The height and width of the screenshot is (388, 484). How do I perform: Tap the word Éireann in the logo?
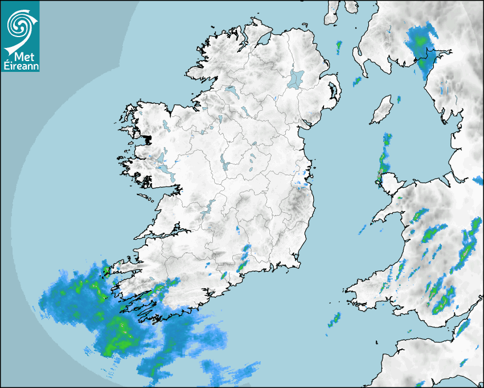coord(20,66)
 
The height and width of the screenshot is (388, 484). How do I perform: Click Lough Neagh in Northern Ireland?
coord(297,78)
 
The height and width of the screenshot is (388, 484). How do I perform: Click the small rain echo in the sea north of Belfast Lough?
coord(339,45)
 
